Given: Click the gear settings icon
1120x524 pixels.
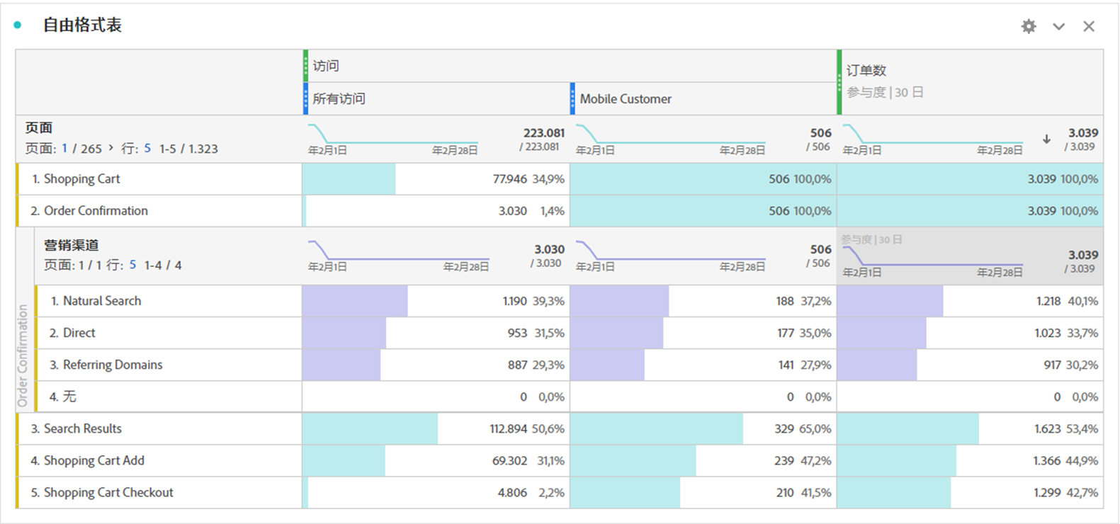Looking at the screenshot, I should pos(1029,26).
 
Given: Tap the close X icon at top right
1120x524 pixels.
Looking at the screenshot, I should pos(1089,26).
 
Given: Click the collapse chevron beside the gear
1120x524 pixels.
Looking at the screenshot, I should pos(1058,26).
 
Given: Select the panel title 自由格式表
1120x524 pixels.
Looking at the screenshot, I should pos(82,25).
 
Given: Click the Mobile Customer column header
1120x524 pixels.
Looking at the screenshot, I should pos(626,99).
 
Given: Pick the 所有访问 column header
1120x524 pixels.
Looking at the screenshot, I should pos(339,99).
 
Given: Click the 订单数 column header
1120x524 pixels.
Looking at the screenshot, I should pos(866,70).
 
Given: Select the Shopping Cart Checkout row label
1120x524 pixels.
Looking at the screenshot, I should pos(108,493).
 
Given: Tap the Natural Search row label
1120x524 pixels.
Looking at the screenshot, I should pos(102,301).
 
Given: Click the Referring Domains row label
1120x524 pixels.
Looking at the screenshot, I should pos(113,365).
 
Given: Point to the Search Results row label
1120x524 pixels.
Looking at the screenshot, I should pos(82,429).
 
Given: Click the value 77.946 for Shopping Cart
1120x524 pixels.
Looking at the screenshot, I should pos(509,179).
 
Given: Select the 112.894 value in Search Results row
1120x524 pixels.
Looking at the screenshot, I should pos(508,429).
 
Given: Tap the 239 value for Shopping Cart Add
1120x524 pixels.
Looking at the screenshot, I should pos(784,461).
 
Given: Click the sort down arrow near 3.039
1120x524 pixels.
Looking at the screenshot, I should pos(1046,139).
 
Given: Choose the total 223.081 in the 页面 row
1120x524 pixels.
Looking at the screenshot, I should pos(543,133).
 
